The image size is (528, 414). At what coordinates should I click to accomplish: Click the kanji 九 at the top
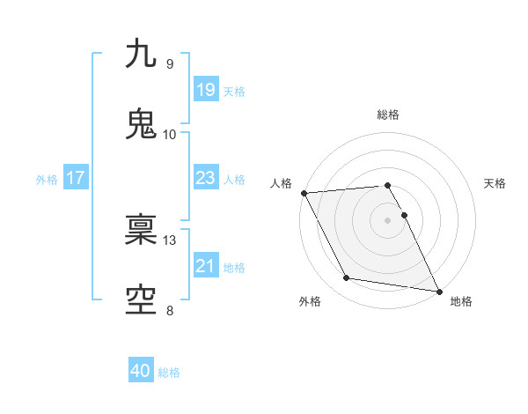141,54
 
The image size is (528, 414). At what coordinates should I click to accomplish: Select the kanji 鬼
141,124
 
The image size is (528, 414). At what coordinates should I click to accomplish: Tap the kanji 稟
141,230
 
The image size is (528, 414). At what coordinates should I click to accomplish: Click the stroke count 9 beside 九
169,64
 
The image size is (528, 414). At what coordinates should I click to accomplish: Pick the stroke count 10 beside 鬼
169,135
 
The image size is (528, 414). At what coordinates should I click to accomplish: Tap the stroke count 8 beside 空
169,310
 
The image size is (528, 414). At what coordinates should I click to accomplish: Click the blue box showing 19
205,89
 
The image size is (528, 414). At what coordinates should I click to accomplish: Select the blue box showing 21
205,265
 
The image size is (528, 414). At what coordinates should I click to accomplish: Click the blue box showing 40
141,371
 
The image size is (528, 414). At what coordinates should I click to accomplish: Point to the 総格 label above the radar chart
388,115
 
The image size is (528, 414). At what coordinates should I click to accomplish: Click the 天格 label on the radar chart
495,183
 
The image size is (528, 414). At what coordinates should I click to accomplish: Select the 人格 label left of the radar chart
280,183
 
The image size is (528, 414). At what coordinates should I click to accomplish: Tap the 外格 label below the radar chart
310,302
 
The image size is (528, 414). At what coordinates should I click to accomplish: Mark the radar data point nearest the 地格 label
438,291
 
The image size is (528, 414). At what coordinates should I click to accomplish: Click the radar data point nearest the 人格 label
304,193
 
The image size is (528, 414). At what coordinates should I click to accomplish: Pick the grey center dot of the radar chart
388,219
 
